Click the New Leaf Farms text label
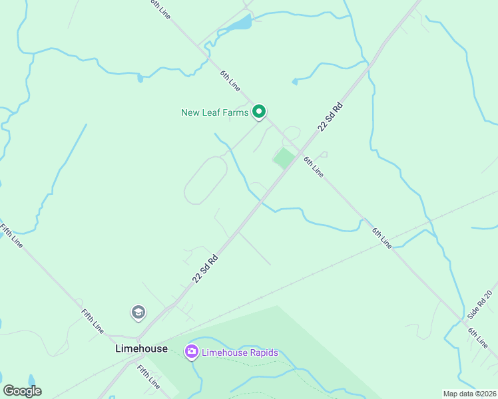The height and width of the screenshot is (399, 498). pos(214,112)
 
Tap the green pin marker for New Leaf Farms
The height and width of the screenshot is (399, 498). pos(260,112)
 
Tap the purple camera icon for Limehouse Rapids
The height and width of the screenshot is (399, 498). pos(192,351)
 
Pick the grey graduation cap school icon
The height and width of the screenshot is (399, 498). pos(138,312)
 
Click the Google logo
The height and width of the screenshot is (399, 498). pos(22,391)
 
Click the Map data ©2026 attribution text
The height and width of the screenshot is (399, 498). pos(469,394)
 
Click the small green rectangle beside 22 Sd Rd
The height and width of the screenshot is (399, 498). pos(284,158)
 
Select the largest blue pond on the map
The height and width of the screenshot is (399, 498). pos(238,25)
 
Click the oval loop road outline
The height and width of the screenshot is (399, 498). pos(206,180)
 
